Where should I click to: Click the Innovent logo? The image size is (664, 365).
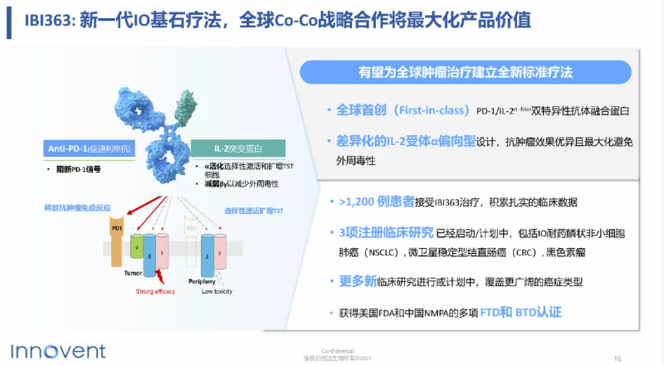[x=52, y=349]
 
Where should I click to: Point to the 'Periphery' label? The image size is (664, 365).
[x=190, y=281]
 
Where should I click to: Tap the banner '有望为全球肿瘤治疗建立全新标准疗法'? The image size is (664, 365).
[x=466, y=72]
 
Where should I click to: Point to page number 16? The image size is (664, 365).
[x=617, y=358]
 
